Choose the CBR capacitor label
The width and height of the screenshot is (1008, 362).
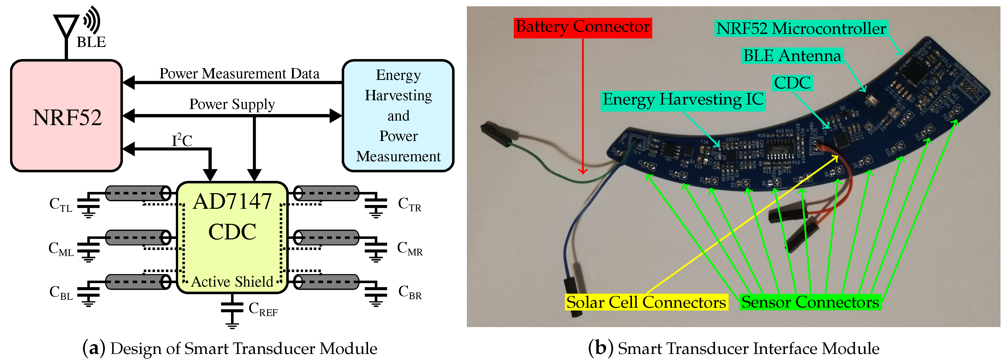tap(410, 292)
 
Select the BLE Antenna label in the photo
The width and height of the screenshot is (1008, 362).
tap(792, 56)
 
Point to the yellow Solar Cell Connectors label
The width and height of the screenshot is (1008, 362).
tap(646, 302)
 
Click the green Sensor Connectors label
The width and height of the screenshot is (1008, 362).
tap(810, 302)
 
